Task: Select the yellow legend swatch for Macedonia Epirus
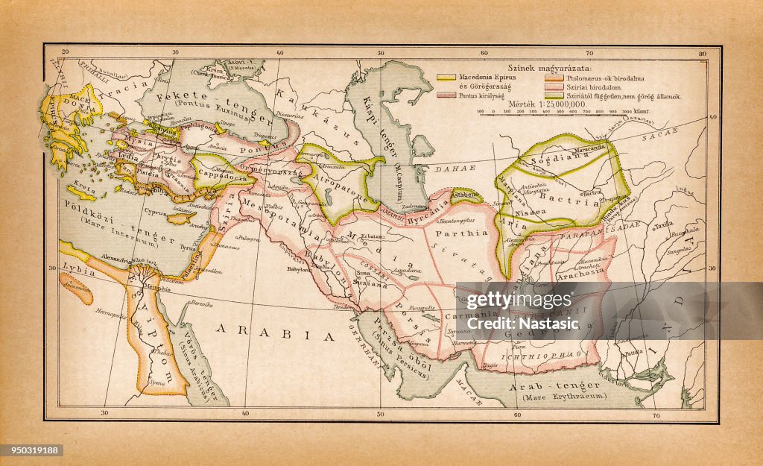(x=446, y=77)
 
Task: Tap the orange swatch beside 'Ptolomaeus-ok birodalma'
(x=555, y=77)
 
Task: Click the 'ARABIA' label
(x=276, y=335)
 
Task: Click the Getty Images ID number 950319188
(x=32, y=450)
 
